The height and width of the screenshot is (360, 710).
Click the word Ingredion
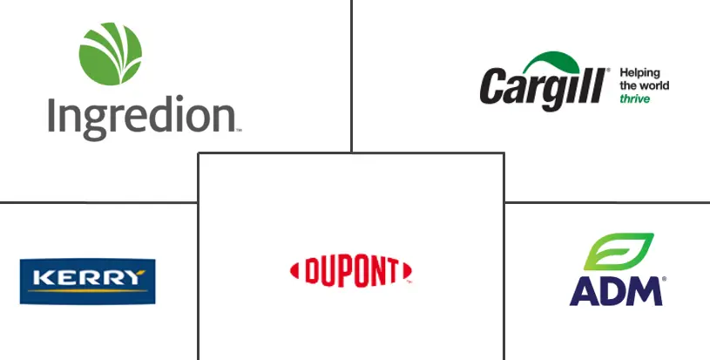[x=142, y=117]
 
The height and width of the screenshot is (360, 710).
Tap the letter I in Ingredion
[x=52, y=113]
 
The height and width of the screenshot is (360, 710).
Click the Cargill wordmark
[x=542, y=88]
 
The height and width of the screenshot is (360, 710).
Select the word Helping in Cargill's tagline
[x=640, y=73]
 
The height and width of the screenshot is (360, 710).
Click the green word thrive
[x=634, y=99]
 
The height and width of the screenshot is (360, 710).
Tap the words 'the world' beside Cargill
[x=644, y=86]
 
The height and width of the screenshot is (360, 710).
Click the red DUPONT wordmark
[x=350, y=270]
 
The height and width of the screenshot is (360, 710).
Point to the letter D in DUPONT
[x=310, y=271]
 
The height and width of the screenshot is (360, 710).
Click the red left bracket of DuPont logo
[x=294, y=270]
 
